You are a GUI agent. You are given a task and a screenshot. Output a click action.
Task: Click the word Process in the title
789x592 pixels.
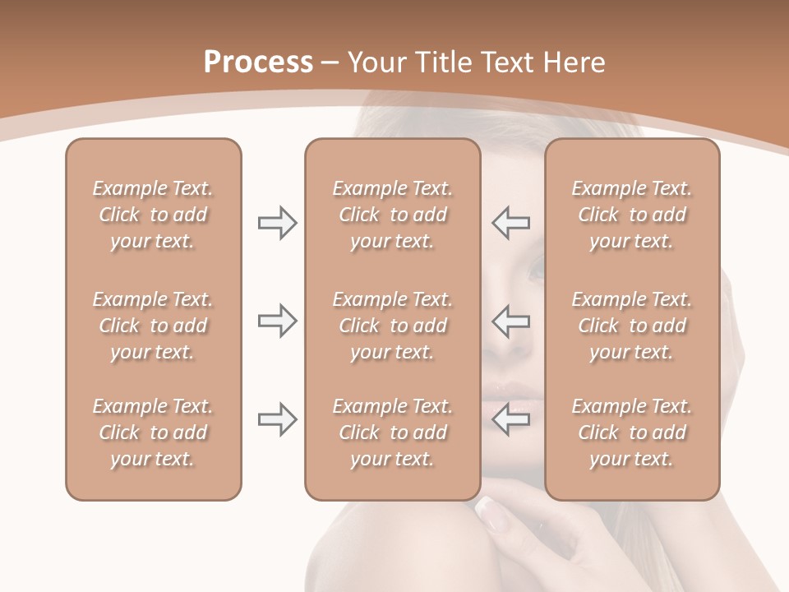coord(258,62)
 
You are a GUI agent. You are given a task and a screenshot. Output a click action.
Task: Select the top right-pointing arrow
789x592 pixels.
coord(277,223)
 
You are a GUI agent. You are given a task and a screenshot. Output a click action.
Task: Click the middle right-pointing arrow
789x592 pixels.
coord(277,321)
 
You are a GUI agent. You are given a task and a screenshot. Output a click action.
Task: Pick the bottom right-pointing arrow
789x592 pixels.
coord(277,419)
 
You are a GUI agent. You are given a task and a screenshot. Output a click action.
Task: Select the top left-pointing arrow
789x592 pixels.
coord(511,223)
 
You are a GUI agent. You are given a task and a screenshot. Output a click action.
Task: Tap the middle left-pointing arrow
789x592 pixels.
coord(511,321)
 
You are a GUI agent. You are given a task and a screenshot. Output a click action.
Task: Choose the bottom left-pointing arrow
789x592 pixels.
coord(511,419)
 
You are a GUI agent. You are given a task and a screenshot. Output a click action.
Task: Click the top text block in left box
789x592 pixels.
coord(153,215)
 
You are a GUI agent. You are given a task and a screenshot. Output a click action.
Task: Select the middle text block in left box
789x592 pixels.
coord(153,326)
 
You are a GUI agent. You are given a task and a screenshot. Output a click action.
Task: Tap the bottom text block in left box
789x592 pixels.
coord(153,432)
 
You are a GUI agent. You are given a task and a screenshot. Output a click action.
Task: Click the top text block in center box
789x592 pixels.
coord(392,215)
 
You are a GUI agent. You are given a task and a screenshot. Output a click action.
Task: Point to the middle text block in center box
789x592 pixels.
coord(392,326)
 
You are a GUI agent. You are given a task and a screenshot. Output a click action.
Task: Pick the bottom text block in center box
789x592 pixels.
coord(392,432)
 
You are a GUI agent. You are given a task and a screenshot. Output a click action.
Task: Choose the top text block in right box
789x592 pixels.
coord(632,215)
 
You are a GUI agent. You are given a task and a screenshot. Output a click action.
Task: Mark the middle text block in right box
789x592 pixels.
coord(632,326)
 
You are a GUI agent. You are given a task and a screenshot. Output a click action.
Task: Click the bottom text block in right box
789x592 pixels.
coord(632,432)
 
